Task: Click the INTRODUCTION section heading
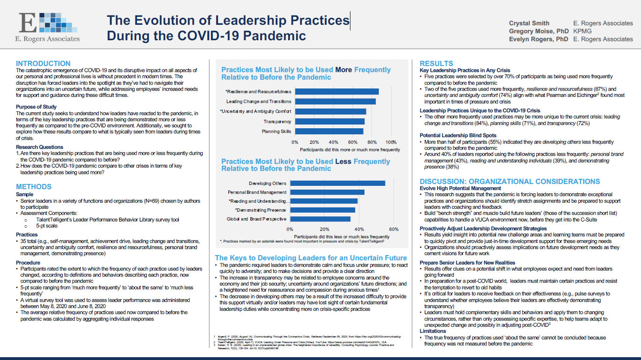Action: (x=43, y=64)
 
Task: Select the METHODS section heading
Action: (x=34, y=187)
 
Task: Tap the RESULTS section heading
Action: (x=436, y=64)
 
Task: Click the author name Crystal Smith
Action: (x=529, y=23)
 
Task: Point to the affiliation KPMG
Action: (x=582, y=31)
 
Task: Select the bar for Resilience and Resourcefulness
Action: (x=337, y=91)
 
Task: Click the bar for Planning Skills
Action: (x=329, y=132)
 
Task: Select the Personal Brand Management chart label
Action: (x=257, y=192)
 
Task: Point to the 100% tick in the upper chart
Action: (x=391, y=142)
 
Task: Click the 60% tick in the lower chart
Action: (x=394, y=229)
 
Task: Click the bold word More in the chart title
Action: (x=344, y=70)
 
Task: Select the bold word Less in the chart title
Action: (x=343, y=162)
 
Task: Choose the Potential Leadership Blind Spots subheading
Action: (x=458, y=135)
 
